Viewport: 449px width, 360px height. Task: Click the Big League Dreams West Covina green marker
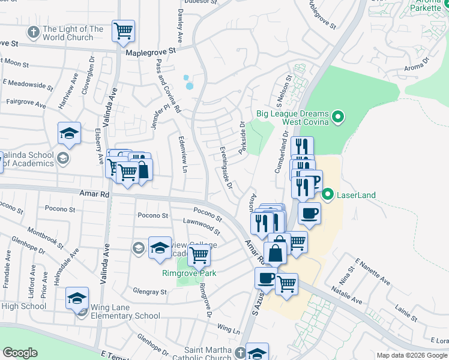coord(338,116)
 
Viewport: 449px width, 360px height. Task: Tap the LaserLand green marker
coord(328,194)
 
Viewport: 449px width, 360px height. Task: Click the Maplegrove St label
coord(153,53)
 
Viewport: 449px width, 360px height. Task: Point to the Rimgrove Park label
coord(188,273)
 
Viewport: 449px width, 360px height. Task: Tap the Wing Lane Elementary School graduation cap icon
coord(77,298)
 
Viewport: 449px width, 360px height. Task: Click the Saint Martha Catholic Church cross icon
coord(240,352)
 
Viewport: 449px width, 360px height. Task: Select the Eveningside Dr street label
coord(226,167)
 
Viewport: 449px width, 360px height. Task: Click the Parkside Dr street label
coord(243,138)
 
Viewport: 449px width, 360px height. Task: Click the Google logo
coord(20,353)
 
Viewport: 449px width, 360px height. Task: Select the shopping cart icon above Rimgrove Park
coord(199,255)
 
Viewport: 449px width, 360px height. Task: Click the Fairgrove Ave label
coord(26,104)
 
